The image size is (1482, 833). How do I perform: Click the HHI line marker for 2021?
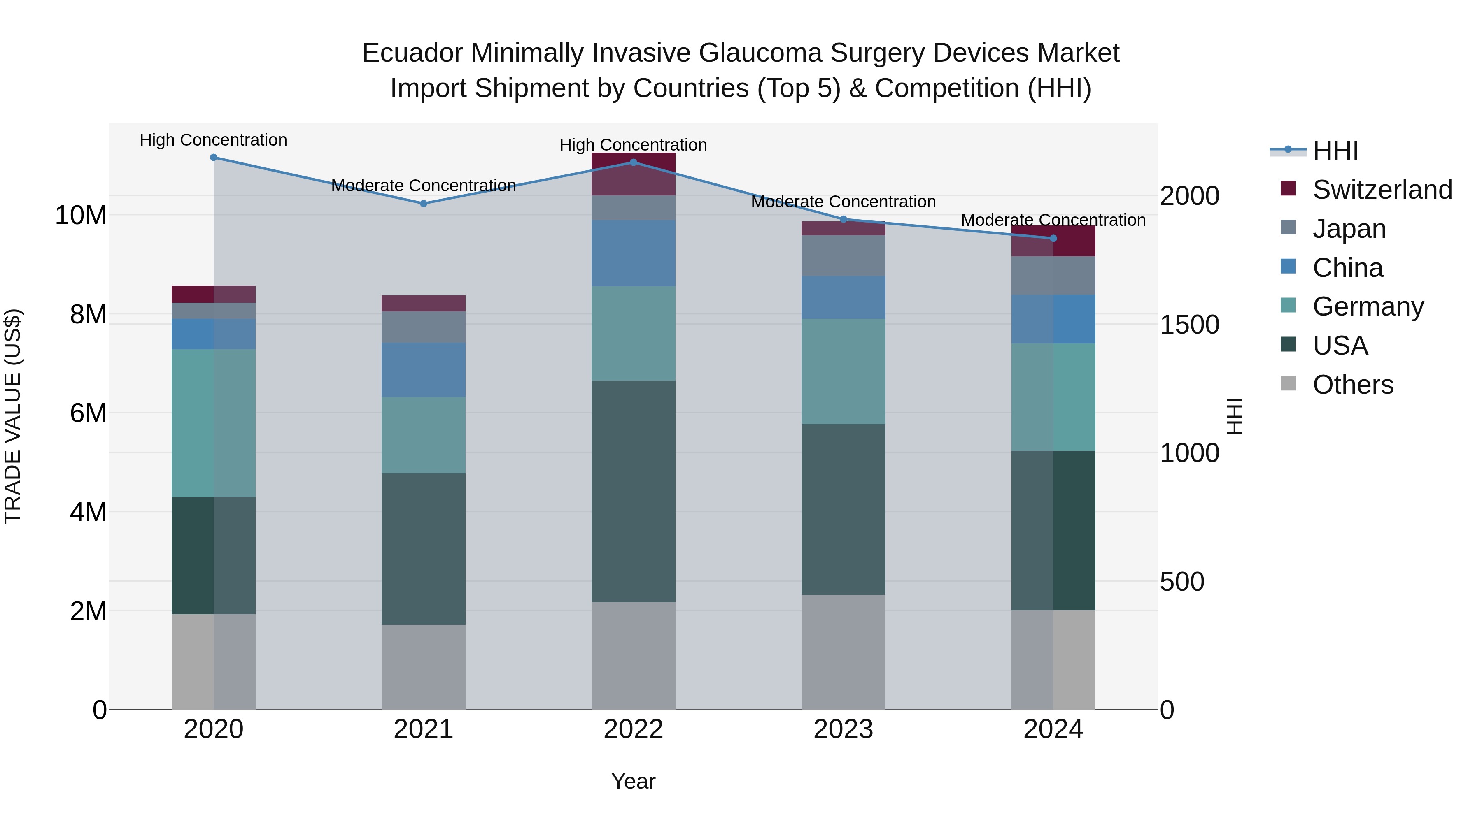click(424, 204)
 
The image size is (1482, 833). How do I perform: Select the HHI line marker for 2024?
click(1053, 239)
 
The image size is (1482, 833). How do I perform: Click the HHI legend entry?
click(1335, 151)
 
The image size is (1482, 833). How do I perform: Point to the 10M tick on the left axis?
click(81, 216)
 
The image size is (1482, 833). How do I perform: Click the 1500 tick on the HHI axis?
click(1188, 325)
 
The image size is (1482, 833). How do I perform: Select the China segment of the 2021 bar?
click(424, 370)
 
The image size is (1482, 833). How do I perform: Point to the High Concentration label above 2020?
click(213, 140)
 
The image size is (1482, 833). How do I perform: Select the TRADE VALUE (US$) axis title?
click(13, 416)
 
